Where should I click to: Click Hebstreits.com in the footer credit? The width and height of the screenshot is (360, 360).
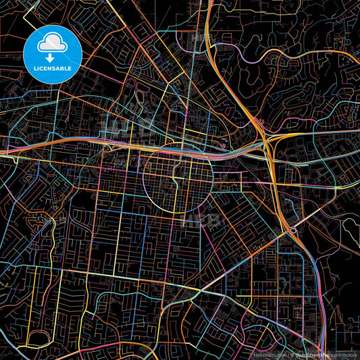269,354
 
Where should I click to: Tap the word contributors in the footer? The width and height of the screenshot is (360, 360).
344,354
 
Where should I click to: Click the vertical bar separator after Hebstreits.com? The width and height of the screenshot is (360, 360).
287,354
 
